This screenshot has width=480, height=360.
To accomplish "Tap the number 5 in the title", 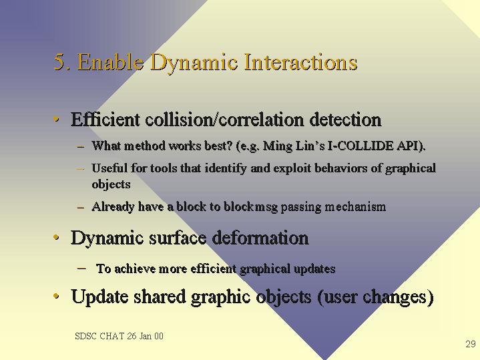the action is pos(59,61).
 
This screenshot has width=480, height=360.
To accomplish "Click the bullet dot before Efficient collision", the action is pos(56,119).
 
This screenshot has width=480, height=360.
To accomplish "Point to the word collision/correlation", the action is pos(225,119).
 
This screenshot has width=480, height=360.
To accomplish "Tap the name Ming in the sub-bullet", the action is pos(278,146).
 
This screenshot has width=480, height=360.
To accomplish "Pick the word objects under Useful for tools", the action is pos(111,184).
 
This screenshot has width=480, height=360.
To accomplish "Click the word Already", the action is pos(112,207).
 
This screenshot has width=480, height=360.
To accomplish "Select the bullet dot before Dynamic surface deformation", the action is pos(56,237).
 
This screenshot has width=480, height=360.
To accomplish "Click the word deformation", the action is pos(260,238).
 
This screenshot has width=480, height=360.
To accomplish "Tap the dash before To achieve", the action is pos(81,268).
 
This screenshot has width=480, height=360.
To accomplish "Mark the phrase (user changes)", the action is pos(375,297).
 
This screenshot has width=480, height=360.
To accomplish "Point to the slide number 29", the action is pos(471,344).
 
